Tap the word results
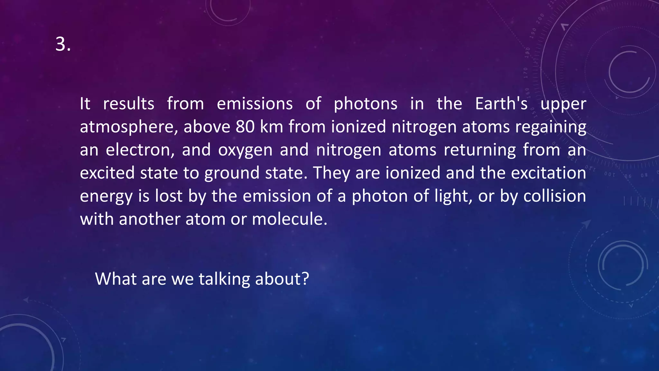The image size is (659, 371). point(128,104)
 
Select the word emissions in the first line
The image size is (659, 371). point(255,104)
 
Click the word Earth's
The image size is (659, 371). point(501,104)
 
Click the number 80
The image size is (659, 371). point(245,127)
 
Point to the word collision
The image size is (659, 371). point(554,196)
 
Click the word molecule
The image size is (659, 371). point(289,219)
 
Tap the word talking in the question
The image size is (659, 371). point(224,279)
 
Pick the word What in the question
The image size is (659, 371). point(116,279)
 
